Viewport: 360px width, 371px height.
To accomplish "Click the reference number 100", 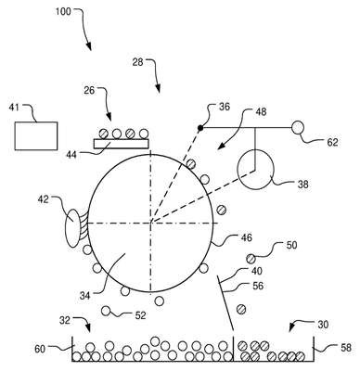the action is tap(63, 12).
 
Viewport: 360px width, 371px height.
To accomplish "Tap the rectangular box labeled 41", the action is tap(36, 136).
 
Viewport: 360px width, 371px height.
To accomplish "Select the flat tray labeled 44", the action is tap(122, 144).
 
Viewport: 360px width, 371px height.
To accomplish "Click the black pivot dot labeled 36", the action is tap(200, 128).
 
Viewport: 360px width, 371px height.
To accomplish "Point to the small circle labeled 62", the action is tap(298, 127).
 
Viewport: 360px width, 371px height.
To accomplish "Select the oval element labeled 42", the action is tap(73, 229).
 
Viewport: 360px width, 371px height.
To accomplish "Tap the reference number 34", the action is tap(84, 296).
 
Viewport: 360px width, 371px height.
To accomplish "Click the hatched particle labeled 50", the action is tap(251, 258).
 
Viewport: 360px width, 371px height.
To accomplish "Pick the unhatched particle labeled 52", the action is tap(106, 311).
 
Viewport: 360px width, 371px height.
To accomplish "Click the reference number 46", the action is tap(246, 237).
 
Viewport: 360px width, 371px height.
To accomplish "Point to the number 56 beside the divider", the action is tap(258, 286).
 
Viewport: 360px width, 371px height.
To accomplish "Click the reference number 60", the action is tap(40, 349).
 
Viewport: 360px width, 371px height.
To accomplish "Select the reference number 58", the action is tap(346, 348).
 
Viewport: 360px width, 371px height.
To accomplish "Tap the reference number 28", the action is tap(138, 62).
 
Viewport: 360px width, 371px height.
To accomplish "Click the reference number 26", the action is tap(90, 91).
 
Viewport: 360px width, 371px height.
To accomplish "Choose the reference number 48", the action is tap(261, 111).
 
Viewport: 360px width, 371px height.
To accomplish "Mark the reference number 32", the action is tap(66, 320).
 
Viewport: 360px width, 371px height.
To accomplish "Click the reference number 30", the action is tap(322, 325).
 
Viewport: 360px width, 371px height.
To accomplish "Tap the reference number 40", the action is tap(257, 271).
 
